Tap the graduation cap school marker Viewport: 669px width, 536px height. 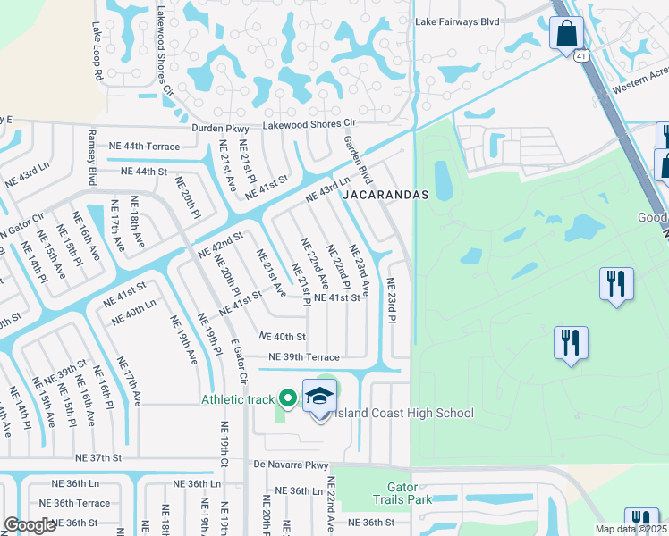319,396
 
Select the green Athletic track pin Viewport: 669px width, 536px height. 287,398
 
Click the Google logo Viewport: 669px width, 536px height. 30,525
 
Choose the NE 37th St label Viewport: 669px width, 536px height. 98,457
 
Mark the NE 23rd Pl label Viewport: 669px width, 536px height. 391,300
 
